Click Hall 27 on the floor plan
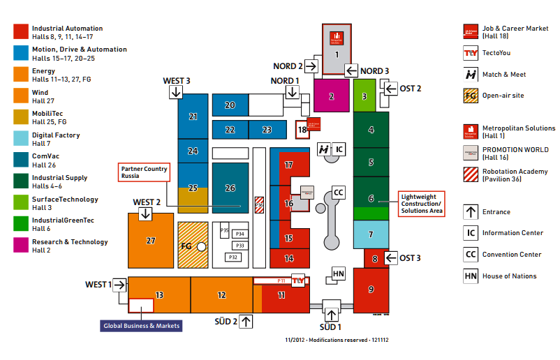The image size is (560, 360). tap(151, 241)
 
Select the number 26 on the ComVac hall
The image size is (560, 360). tap(230, 188)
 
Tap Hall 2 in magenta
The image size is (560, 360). tap(332, 96)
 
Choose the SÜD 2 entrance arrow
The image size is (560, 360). tap(246, 322)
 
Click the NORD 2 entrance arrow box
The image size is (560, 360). tap(311, 66)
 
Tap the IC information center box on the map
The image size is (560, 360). tap(337, 149)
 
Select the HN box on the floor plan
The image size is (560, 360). tap(339, 273)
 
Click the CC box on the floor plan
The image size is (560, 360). tap(339, 192)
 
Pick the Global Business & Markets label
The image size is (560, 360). tap(142, 326)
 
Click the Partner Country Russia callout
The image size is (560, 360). tap(142, 172)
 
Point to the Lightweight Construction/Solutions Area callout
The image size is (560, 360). tap(421, 204)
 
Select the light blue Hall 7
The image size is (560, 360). tap(371, 234)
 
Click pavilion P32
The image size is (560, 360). tap(233, 257)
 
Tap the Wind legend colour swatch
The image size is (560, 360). tap(21, 96)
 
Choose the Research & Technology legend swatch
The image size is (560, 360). tap(21, 245)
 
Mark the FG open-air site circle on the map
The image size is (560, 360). tap(202, 246)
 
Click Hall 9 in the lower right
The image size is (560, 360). tap(371, 290)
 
